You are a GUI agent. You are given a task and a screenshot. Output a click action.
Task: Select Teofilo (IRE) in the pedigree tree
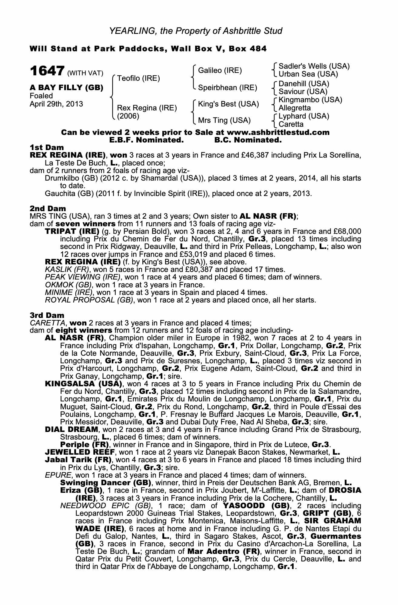[x=138, y=78]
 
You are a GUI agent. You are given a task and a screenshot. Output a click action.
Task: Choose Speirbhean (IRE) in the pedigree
[x=227, y=88]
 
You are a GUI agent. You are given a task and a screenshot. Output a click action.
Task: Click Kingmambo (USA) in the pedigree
[x=310, y=100]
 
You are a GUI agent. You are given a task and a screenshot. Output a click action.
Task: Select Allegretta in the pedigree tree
[x=294, y=108]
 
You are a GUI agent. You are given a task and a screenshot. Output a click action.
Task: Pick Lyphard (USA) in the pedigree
[x=304, y=116]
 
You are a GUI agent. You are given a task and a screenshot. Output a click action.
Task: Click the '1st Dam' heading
[x=47, y=147]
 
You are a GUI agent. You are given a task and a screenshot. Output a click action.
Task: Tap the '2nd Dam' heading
[x=48, y=208]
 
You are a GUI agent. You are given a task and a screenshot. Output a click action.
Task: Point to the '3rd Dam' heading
[x=47, y=315]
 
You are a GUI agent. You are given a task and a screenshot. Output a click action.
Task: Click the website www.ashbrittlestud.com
[x=278, y=132]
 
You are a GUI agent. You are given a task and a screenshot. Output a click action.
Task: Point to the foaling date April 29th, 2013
[x=56, y=104]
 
